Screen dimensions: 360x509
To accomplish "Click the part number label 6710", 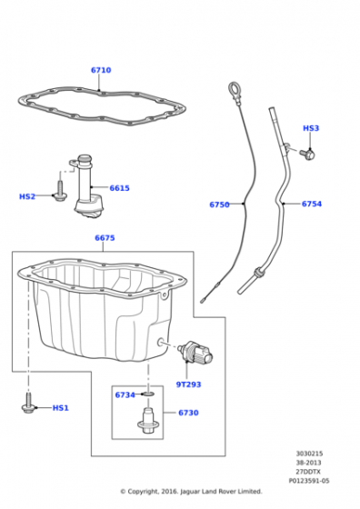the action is click(x=101, y=70).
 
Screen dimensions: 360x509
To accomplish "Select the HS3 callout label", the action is click(x=311, y=128).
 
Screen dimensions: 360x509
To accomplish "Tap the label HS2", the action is click(x=27, y=196).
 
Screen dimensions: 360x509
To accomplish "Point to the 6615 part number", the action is click(x=119, y=188).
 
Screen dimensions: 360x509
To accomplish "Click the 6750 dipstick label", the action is click(x=219, y=205).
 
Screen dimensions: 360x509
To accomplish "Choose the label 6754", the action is click(x=312, y=204).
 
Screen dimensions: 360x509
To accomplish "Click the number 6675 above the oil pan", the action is click(x=105, y=238).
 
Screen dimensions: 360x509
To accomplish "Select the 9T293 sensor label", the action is click(x=188, y=384).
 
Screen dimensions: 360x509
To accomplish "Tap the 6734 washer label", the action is click(x=125, y=394).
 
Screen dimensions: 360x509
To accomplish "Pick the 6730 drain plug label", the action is click(x=188, y=413).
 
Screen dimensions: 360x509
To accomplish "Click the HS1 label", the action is click(x=61, y=408).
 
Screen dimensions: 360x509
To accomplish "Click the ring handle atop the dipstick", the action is click(x=234, y=88).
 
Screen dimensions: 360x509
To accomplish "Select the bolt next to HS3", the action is click(x=307, y=154).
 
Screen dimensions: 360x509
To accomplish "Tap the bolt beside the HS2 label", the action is click(x=60, y=191).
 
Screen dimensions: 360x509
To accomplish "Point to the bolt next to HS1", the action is click(x=28, y=404).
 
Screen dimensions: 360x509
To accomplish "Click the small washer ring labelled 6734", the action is click(x=149, y=394).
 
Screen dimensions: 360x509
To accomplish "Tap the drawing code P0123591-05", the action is click(x=309, y=481).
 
